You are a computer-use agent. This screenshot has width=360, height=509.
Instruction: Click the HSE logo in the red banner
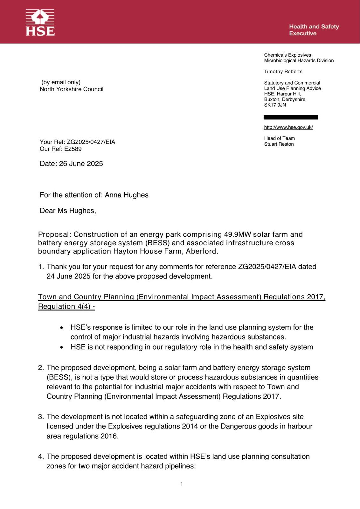[40, 22]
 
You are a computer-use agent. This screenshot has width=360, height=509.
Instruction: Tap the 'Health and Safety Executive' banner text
[314, 30]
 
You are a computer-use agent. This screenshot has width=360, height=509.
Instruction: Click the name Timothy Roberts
[283, 72]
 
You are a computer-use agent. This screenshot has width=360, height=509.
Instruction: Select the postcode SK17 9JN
[275, 105]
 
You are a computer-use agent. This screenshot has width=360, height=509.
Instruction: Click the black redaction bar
[291, 117]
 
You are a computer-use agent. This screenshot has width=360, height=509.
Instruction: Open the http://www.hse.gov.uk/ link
[288, 127]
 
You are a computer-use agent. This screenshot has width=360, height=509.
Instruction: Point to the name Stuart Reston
[279, 144]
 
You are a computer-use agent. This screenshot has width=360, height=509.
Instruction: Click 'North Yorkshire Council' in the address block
[71, 89]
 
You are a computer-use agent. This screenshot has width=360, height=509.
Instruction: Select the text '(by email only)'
[61, 82]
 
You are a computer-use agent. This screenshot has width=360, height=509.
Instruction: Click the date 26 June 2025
[81, 164]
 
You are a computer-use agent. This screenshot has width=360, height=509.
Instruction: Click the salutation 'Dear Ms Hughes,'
[68, 211]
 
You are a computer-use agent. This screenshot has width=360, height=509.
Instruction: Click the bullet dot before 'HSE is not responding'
[62, 347]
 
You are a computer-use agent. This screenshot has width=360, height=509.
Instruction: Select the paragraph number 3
[40, 417]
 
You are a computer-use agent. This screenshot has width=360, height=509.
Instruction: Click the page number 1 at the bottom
[181, 484]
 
